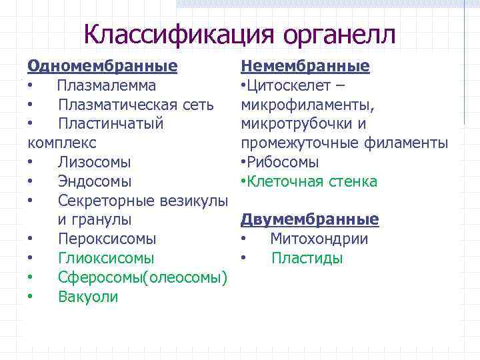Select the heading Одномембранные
(102, 67)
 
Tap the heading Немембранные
(305, 67)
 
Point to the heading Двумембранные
(309, 219)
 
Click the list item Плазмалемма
(107, 86)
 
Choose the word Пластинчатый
(111, 124)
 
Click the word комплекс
(62, 143)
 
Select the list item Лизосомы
(94, 162)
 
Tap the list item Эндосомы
(95, 181)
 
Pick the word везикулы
(193, 201)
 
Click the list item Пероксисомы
(107, 239)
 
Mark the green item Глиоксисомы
(106, 258)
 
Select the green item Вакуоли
(88, 297)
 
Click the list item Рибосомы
(283, 162)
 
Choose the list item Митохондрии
(319, 239)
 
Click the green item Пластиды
(307, 258)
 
